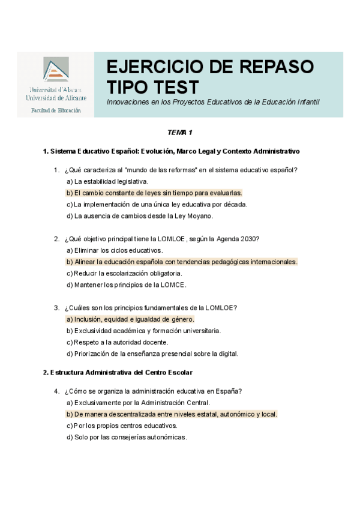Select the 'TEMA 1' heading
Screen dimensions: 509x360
(180, 132)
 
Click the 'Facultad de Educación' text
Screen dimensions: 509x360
(56, 110)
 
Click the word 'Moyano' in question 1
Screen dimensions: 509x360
(199, 216)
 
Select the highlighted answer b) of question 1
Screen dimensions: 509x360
(154, 193)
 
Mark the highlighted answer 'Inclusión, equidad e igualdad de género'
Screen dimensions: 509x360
(130, 319)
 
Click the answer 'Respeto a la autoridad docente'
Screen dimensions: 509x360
(117, 342)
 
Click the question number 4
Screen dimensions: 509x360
(56, 391)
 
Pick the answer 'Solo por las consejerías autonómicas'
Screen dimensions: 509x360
(127, 437)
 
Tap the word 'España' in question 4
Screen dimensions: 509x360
(229, 391)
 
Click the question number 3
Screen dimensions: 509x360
(56, 308)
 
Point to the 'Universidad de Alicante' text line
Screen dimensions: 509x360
(56, 98)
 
